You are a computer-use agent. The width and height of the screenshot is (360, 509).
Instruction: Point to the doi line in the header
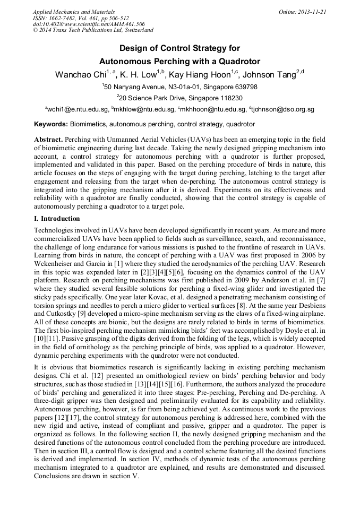click(x=89, y=24)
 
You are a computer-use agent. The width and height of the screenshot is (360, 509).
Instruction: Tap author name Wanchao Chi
click(x=80, y=75)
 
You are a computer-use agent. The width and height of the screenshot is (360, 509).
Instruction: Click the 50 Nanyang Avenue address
click(x=181, y=87)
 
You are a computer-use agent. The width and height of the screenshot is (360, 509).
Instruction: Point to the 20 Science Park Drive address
click(x=181, y=98)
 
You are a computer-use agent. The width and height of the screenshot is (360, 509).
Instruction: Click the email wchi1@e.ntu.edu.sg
click(x=78, y=109)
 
